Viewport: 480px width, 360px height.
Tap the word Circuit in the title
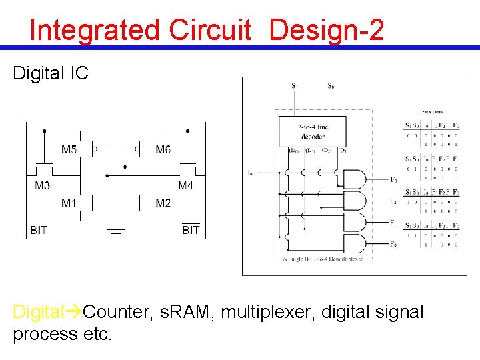pyautogui.click(x=210, y=31)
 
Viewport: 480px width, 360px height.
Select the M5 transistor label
pyautogui.click(x=69, y=150)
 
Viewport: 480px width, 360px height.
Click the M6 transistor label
pyautogui.click(x=163, y=150)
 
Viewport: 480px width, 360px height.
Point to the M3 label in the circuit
pyautogui.click(x=42, y=185)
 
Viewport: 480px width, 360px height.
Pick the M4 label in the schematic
pyautogui.click(x=185, y=185)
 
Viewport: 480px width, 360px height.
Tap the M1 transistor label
pyautogui.click(x=69, y=203)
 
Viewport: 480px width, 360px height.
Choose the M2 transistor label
pyautogui.click(x=163, y=203)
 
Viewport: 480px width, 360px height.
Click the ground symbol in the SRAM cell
pyautogui.click(x=116, y=233)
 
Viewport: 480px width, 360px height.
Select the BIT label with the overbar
pyautogui.click(x=191, y=229)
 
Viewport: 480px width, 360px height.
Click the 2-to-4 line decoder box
pyautogui.click(x=313, y=131)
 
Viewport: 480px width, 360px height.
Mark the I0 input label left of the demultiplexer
pyautogui.click(x=250, y=173)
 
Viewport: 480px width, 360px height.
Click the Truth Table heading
pyautogui.click(x=431, y=112)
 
